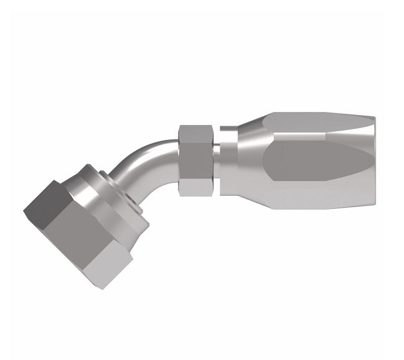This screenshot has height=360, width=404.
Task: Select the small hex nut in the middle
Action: pyautogui.click(x=197, y=160)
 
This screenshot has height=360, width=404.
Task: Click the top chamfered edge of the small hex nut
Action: pyautogui.click(x=197, y=128)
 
